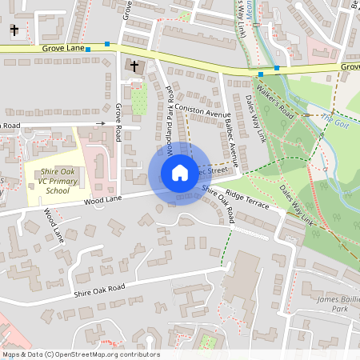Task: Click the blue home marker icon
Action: pos(179,172)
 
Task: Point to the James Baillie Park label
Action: pos(332,303)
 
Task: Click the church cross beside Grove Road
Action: pos(134,66)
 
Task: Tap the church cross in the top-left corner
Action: pos(14,30)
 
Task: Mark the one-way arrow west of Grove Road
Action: pos(97,123)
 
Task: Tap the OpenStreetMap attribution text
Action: pos(81,354)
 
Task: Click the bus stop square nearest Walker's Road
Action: pos(260,74)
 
